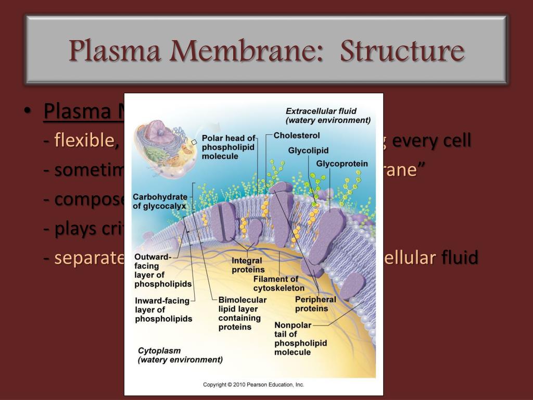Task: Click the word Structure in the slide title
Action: coord(402,51)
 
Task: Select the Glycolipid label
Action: coord(308,151)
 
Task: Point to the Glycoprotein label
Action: coord(341,164)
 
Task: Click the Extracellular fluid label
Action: coord(328,116)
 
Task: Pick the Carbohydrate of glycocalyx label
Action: coord(159,201)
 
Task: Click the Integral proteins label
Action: coord(248,265)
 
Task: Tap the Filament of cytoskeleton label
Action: coord(279,284)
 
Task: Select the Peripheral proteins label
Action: coord(315,304)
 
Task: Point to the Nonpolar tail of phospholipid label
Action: coord(300,339)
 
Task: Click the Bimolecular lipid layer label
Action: coord(243,313)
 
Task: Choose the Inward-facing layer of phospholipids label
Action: coord(163,309)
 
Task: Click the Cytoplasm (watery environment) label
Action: coord(180,355)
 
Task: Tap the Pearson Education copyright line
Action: coord(253,385)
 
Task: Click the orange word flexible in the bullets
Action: coord(84,140)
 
